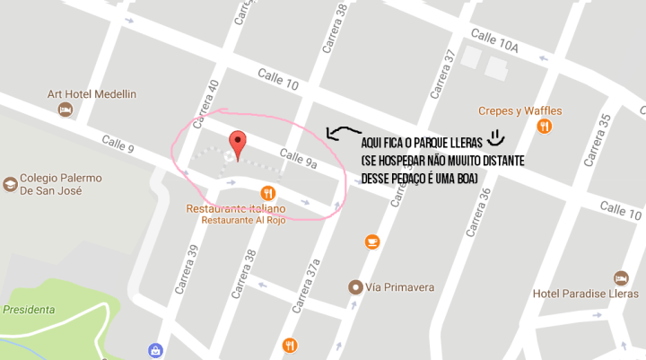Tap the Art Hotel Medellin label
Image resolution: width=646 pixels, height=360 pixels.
(92, 94)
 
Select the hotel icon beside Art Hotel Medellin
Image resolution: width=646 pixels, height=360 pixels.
(65, 110)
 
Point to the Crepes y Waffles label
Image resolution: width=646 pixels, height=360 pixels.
(519, 110)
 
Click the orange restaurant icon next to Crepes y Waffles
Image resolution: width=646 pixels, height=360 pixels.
(544, 127)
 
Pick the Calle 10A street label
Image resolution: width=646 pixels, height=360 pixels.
(494, 44)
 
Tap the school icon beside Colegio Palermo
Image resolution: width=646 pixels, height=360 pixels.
(10, 183)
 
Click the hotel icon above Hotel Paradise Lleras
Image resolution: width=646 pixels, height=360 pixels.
(620, 277)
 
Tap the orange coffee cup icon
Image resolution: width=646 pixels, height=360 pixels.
(372, 241)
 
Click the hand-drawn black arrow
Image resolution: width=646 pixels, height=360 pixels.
(342, 134)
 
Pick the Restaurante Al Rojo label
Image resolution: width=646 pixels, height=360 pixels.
(243, 221)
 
